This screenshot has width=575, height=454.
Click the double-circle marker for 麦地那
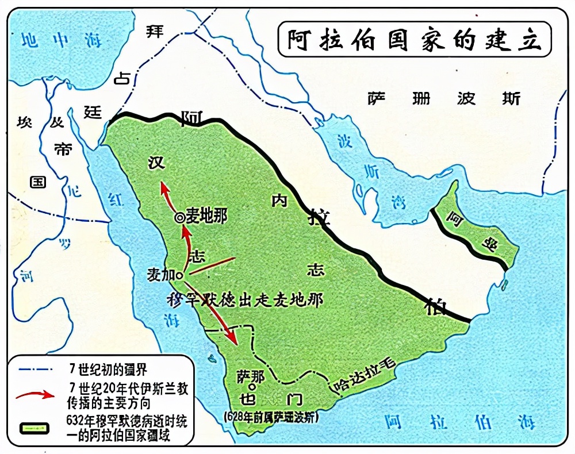pos(179,217)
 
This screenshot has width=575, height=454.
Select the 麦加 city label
pos(162,275)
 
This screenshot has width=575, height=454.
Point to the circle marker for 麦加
pos(179,276)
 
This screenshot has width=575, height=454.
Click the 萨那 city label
pos(251,376)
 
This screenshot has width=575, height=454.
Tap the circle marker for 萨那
pos(251,387)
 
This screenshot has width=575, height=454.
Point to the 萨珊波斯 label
pos(444,98)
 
